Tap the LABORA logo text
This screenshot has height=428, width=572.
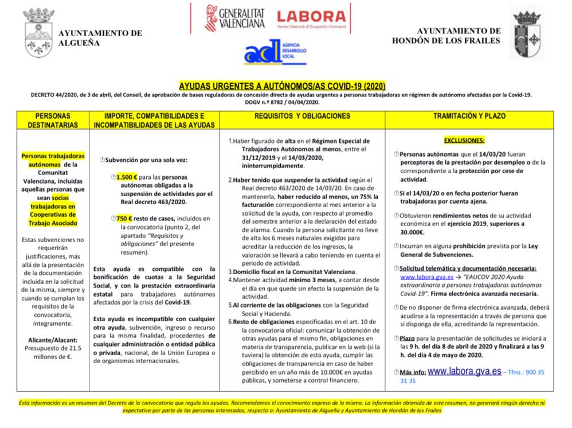click(311, 18)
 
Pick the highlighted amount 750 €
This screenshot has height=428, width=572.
click(124, 219)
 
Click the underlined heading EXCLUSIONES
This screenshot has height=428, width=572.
click(464, 139)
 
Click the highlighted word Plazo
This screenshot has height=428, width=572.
click(408, 339)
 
